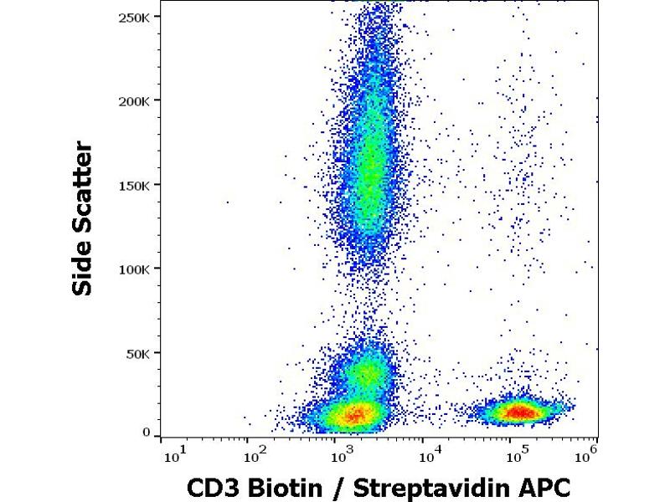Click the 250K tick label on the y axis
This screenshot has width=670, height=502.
135,17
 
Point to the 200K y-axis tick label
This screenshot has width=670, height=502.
135,100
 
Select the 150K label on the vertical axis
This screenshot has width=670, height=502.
135,185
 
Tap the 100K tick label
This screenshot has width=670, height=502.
135,269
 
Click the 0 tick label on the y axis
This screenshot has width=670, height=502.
147,433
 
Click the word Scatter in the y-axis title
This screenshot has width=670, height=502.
82,191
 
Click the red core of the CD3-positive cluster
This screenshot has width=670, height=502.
519,411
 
